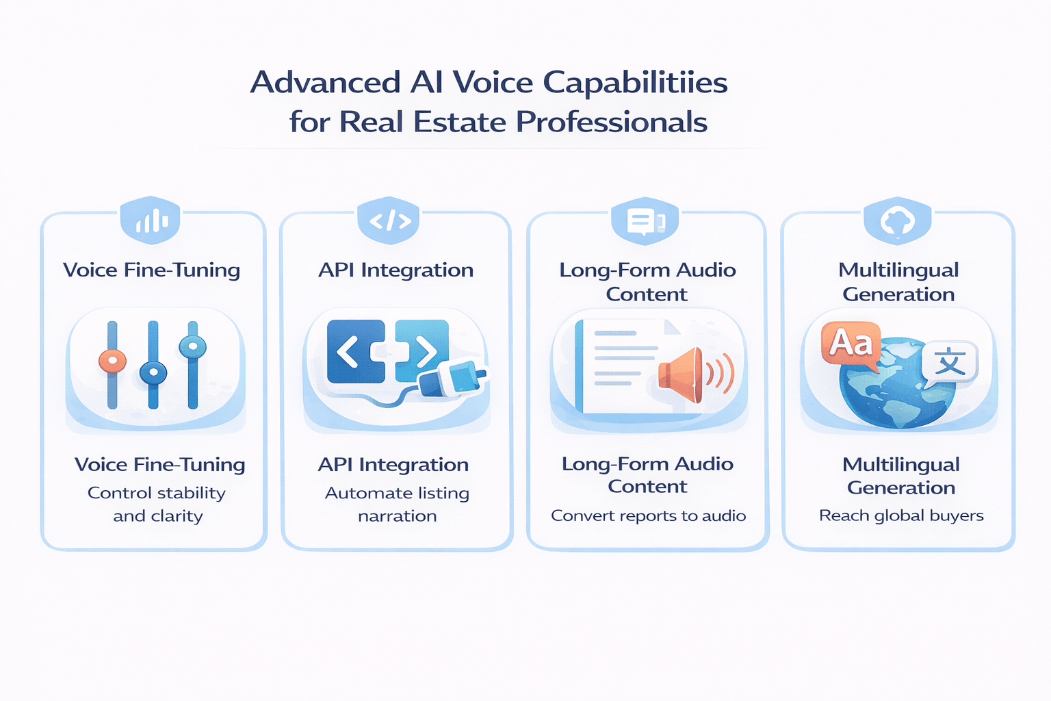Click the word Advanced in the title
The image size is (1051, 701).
[325, 83]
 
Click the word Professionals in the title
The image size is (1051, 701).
[611, 123]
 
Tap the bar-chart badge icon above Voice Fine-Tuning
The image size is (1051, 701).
[151, 220]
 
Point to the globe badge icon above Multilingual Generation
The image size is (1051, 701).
[898, 220]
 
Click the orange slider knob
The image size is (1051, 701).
[112, 360]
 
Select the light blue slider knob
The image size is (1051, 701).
[193, 346]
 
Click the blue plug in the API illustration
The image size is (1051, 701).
[452, 379]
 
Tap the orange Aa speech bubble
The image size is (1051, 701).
[851, 343]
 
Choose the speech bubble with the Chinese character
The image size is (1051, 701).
[950, 361]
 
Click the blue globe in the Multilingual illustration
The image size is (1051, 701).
[896, 391]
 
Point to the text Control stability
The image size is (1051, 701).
[157, 493]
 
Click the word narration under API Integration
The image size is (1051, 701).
[397, 516]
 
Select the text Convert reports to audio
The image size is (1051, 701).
[648, 516]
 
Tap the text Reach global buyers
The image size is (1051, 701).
[901, 516]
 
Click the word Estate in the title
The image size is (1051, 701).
[460, 123]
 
